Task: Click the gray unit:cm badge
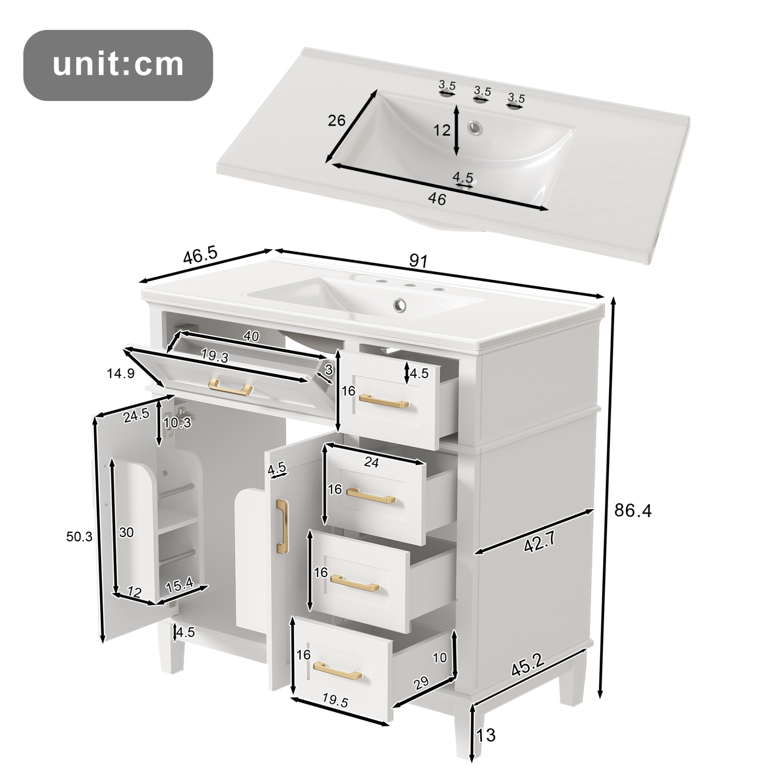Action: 118,65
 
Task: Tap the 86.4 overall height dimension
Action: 633,511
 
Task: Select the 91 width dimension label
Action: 418,261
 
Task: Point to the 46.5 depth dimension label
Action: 200,256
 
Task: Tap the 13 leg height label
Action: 486,735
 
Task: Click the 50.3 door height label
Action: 79,537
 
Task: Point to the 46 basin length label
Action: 437,199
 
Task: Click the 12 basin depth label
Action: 442,130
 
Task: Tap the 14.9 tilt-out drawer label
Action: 120,373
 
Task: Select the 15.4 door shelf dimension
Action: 180,585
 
